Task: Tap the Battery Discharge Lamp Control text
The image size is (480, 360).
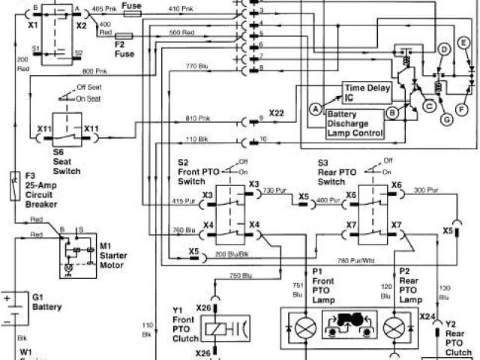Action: pyautogui.click(x=356, y=124)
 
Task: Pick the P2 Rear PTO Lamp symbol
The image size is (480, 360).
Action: pyautogui.click(x=395, y=328)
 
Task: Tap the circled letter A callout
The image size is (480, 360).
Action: pyautogui.click(x=316, y=109)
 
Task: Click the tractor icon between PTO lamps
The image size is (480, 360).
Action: pyautogui.click(x=349, y=328)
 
